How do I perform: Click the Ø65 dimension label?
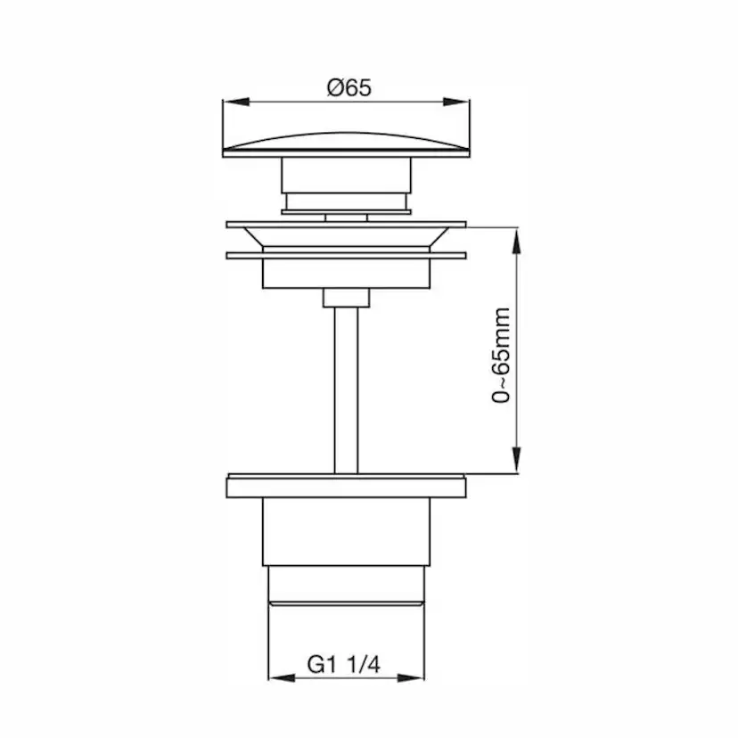coord(348,87)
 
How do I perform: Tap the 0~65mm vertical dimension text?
coord(502,355)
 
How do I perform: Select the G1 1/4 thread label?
coord(343,664)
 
